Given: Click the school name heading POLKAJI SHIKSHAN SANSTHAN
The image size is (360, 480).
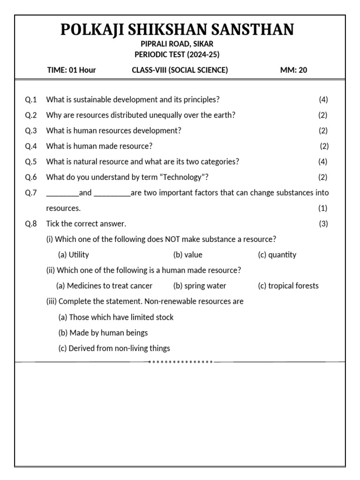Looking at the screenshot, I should click(177, 30).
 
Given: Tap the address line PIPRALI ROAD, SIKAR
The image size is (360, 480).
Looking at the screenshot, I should click(177, 44).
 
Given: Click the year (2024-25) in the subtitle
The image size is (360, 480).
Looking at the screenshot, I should click(203, 54).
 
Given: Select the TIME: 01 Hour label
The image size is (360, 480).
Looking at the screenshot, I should click(71, 70).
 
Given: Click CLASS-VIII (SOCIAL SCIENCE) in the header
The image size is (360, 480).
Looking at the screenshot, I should click(180, 70).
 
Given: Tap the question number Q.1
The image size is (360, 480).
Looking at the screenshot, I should click(30, 99).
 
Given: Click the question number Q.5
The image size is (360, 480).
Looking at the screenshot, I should click(30, 162).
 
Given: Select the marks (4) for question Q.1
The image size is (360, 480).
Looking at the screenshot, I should click(323, 99).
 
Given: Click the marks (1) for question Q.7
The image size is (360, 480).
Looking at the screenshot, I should click(323, 208).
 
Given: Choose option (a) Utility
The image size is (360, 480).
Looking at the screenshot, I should click(74, 255).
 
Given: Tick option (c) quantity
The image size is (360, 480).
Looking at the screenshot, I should click(277, 255).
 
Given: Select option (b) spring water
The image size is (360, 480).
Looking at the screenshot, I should click(200, 286).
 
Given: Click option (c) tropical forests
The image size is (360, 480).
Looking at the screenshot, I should click(288, 286).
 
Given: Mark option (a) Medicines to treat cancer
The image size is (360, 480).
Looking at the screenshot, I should click(105, 286).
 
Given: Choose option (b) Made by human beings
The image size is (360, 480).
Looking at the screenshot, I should click(103, 333).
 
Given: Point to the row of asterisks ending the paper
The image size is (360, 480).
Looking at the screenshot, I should click(180, 362).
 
